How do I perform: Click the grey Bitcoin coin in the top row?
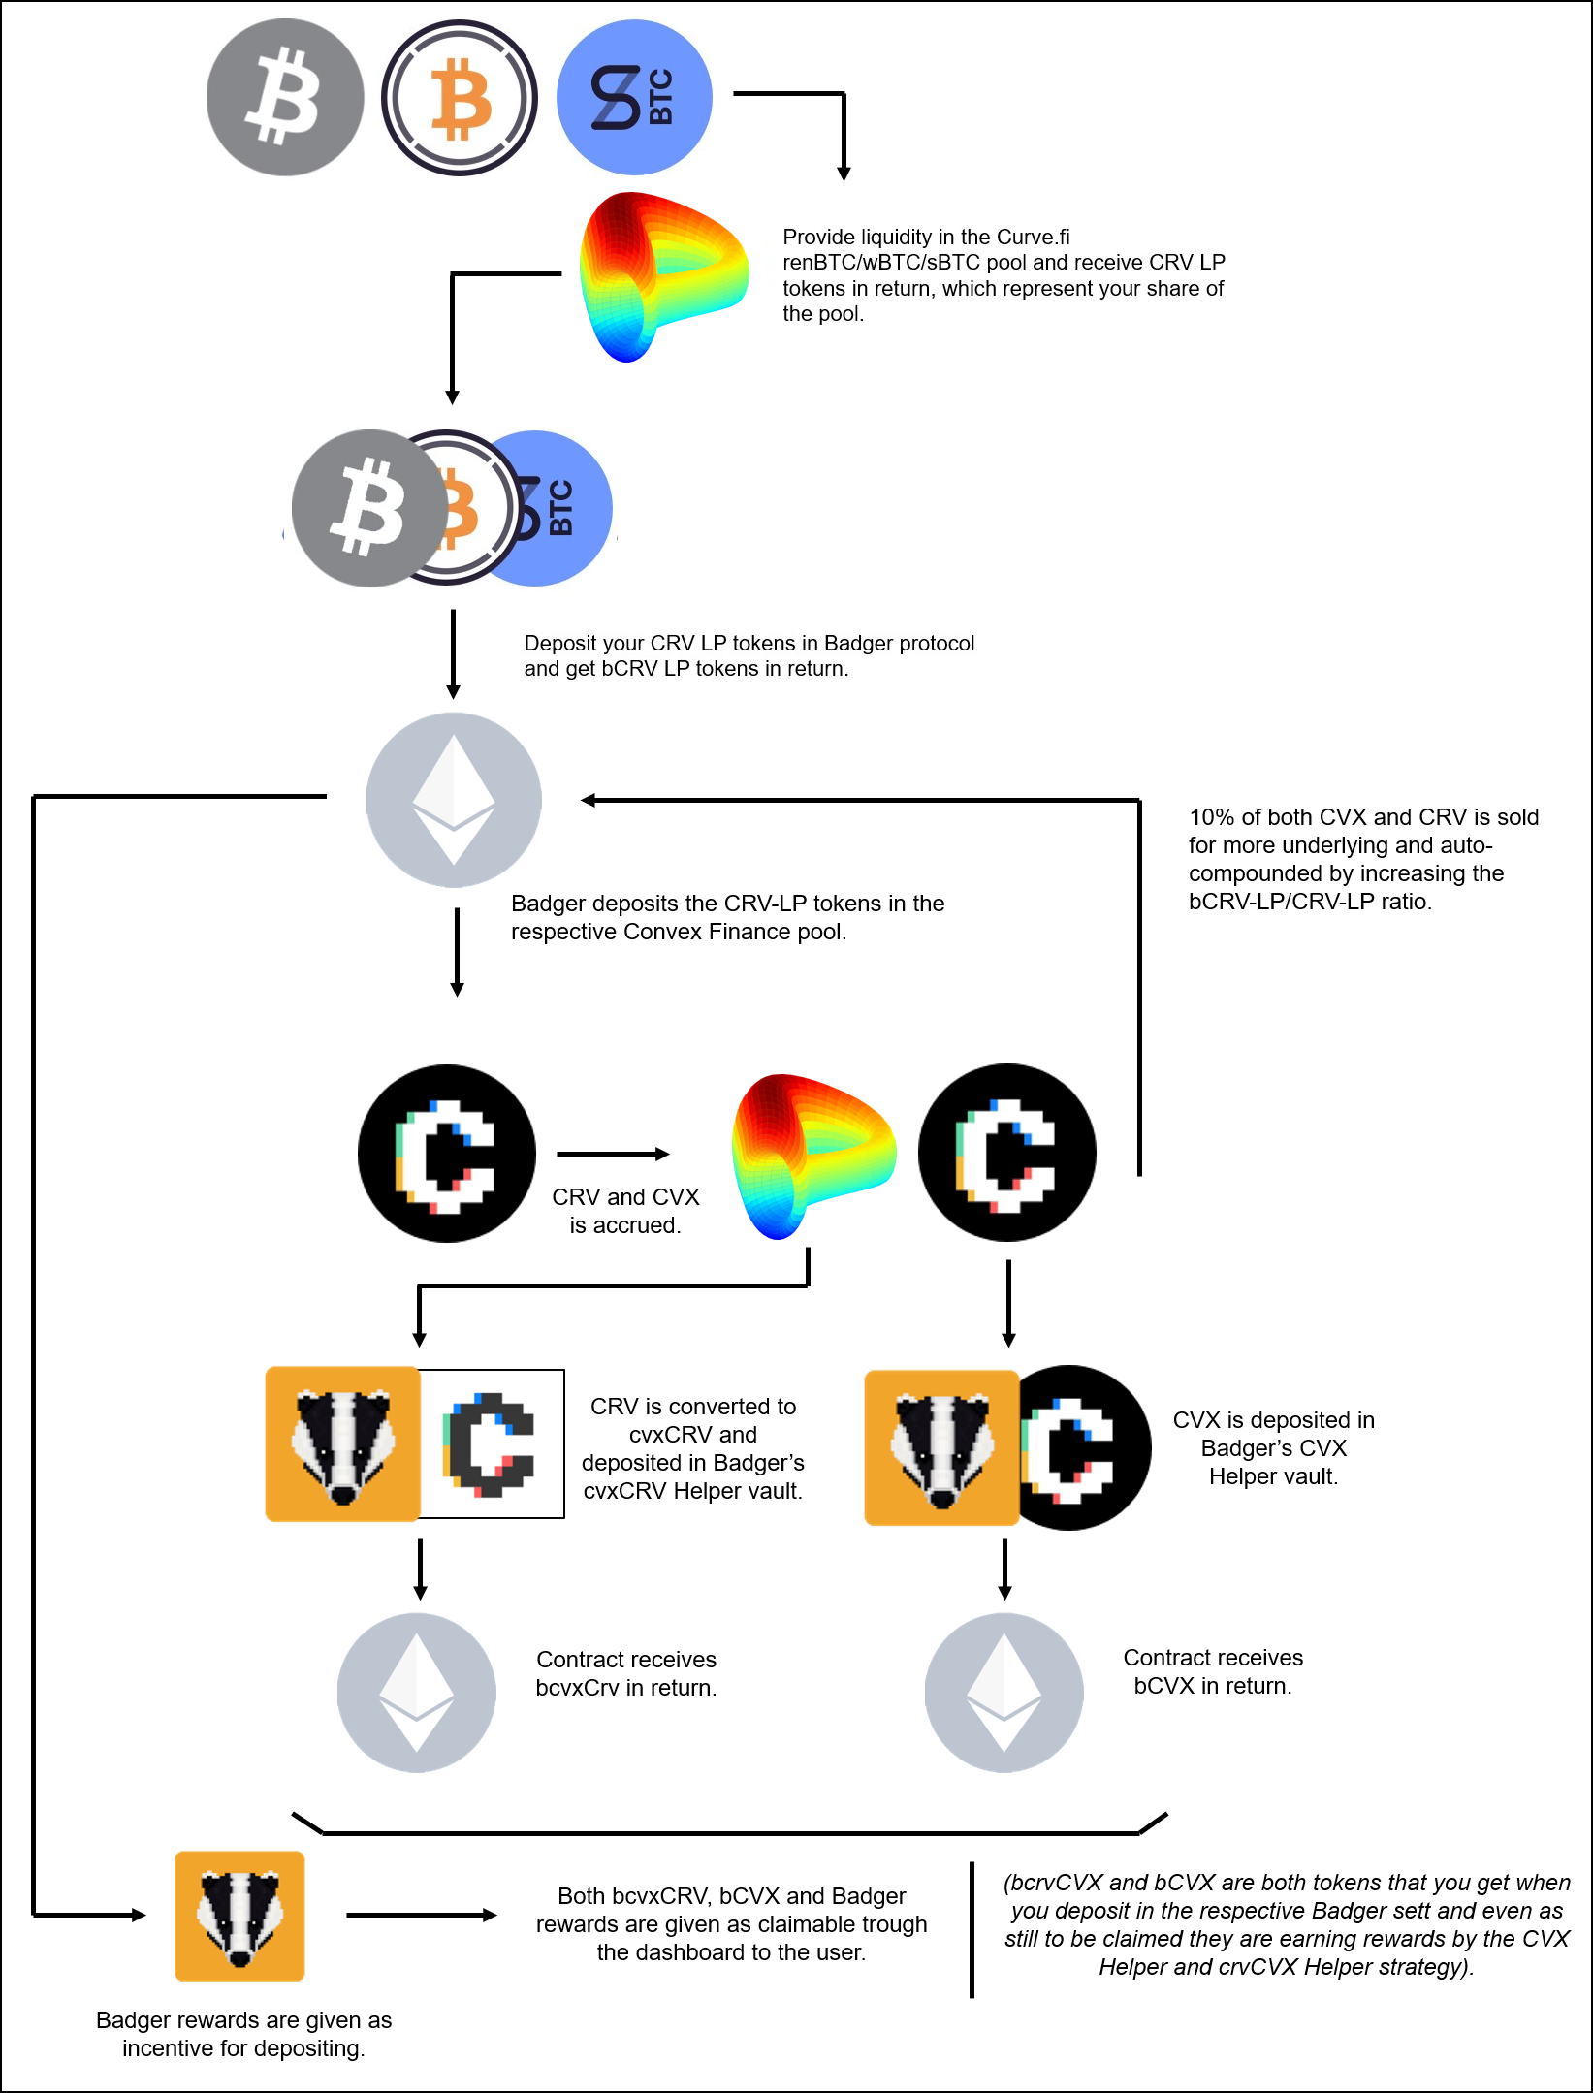[x=285, y=97]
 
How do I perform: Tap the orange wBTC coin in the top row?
[x=460, y=97]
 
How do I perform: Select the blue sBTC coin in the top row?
[x=635, y=97]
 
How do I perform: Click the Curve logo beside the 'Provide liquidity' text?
[x=663, y=276]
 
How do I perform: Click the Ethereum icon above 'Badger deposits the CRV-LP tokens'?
[x=454, y=800]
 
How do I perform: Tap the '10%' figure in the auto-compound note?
[x=1212, y=817]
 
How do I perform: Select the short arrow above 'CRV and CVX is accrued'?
[x=614, y=1154]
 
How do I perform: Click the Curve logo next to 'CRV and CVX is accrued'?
[x=813, y=1156]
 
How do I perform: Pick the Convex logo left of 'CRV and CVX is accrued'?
[x=447, y=1154]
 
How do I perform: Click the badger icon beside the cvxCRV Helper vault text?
[x=343, y=1443]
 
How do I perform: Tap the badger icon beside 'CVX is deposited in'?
[x=941, y=1447]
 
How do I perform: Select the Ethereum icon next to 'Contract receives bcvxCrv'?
[x=417, y=1693]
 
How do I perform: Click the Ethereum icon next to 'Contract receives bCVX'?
[x=1004, y=1693]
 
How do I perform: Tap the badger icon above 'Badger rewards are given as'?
[x=239, y=1916]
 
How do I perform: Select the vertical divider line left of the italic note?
[x=972, y=1929]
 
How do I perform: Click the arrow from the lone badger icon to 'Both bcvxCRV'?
[x=422, y=1915]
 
